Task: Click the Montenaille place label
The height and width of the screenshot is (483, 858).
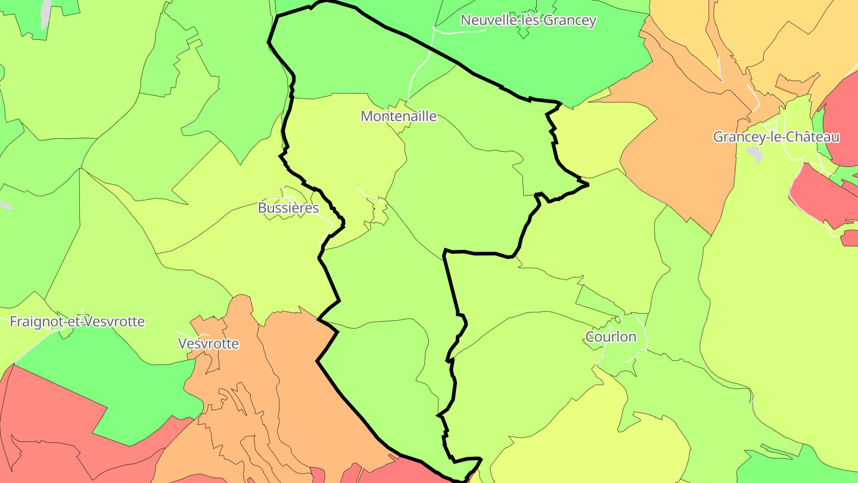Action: pos(398,116)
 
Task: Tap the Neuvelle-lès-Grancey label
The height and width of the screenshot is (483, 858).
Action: pos(528,20)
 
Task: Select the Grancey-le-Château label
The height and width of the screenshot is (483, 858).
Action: pos(776,137)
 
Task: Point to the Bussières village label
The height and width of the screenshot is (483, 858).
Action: pos(288,208)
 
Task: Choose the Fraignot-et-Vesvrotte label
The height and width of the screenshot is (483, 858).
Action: pos(77,322)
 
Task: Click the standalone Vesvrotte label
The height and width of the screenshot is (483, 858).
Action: pos(209,344)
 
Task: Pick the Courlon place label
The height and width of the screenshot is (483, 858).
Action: pos(611,337)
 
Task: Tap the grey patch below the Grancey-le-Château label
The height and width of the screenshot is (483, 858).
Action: pos(755,154)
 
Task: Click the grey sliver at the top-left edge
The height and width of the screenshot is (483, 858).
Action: pos(46,13)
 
